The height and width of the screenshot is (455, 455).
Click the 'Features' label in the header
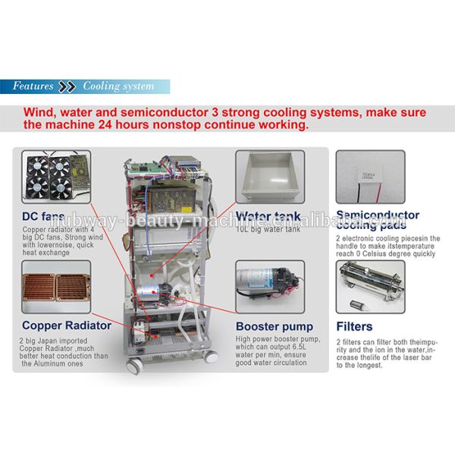33,86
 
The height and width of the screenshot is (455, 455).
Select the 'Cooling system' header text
118,86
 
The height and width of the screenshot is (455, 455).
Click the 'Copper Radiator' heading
67,325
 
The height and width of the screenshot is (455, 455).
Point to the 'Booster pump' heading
274,327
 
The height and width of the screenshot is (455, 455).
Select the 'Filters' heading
354,327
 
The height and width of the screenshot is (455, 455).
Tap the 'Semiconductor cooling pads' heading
377,220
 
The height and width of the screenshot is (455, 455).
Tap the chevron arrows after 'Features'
67,86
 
